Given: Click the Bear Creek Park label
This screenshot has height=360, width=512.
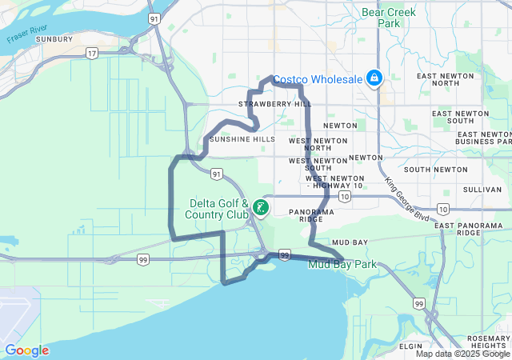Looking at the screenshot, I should (380, 18).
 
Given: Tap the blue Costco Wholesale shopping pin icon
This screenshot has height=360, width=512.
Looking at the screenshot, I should (373, 78).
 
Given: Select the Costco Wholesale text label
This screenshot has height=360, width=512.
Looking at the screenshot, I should (318, 79).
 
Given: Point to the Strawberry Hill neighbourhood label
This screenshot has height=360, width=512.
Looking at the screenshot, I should (274, 104).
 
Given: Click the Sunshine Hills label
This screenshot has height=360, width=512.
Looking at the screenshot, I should (242, 139).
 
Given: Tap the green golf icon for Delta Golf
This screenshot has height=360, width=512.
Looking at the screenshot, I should (261, 208).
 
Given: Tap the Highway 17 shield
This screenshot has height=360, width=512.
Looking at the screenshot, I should (93, 54).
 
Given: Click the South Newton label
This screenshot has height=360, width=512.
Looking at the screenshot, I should (435, 170).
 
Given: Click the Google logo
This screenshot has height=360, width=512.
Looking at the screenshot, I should (26, 350).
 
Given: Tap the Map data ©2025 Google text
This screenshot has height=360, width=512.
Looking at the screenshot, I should (462, 354).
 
